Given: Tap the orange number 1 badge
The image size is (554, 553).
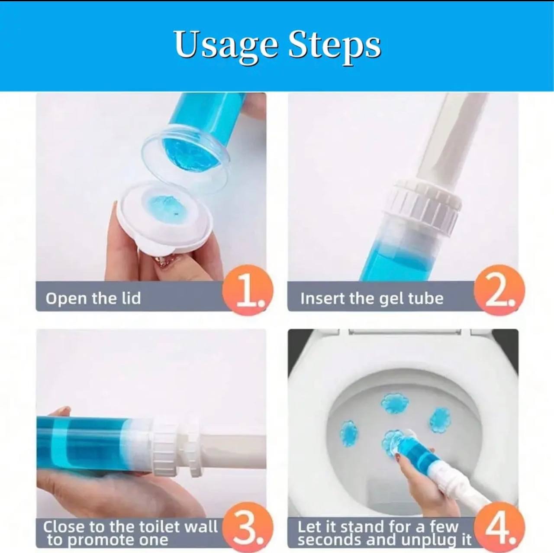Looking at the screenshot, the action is pos(247,291).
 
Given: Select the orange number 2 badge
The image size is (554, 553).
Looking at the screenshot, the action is pos(499,291).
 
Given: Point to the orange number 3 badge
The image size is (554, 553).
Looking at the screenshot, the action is pos(247,527).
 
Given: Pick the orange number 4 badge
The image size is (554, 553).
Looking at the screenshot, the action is pos(499,527).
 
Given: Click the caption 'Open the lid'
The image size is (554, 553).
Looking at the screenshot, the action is pos(93,298).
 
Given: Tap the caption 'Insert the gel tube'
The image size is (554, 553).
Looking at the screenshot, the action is pos(372,299).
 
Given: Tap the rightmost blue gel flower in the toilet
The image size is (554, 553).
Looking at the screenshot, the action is pos(440,419).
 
